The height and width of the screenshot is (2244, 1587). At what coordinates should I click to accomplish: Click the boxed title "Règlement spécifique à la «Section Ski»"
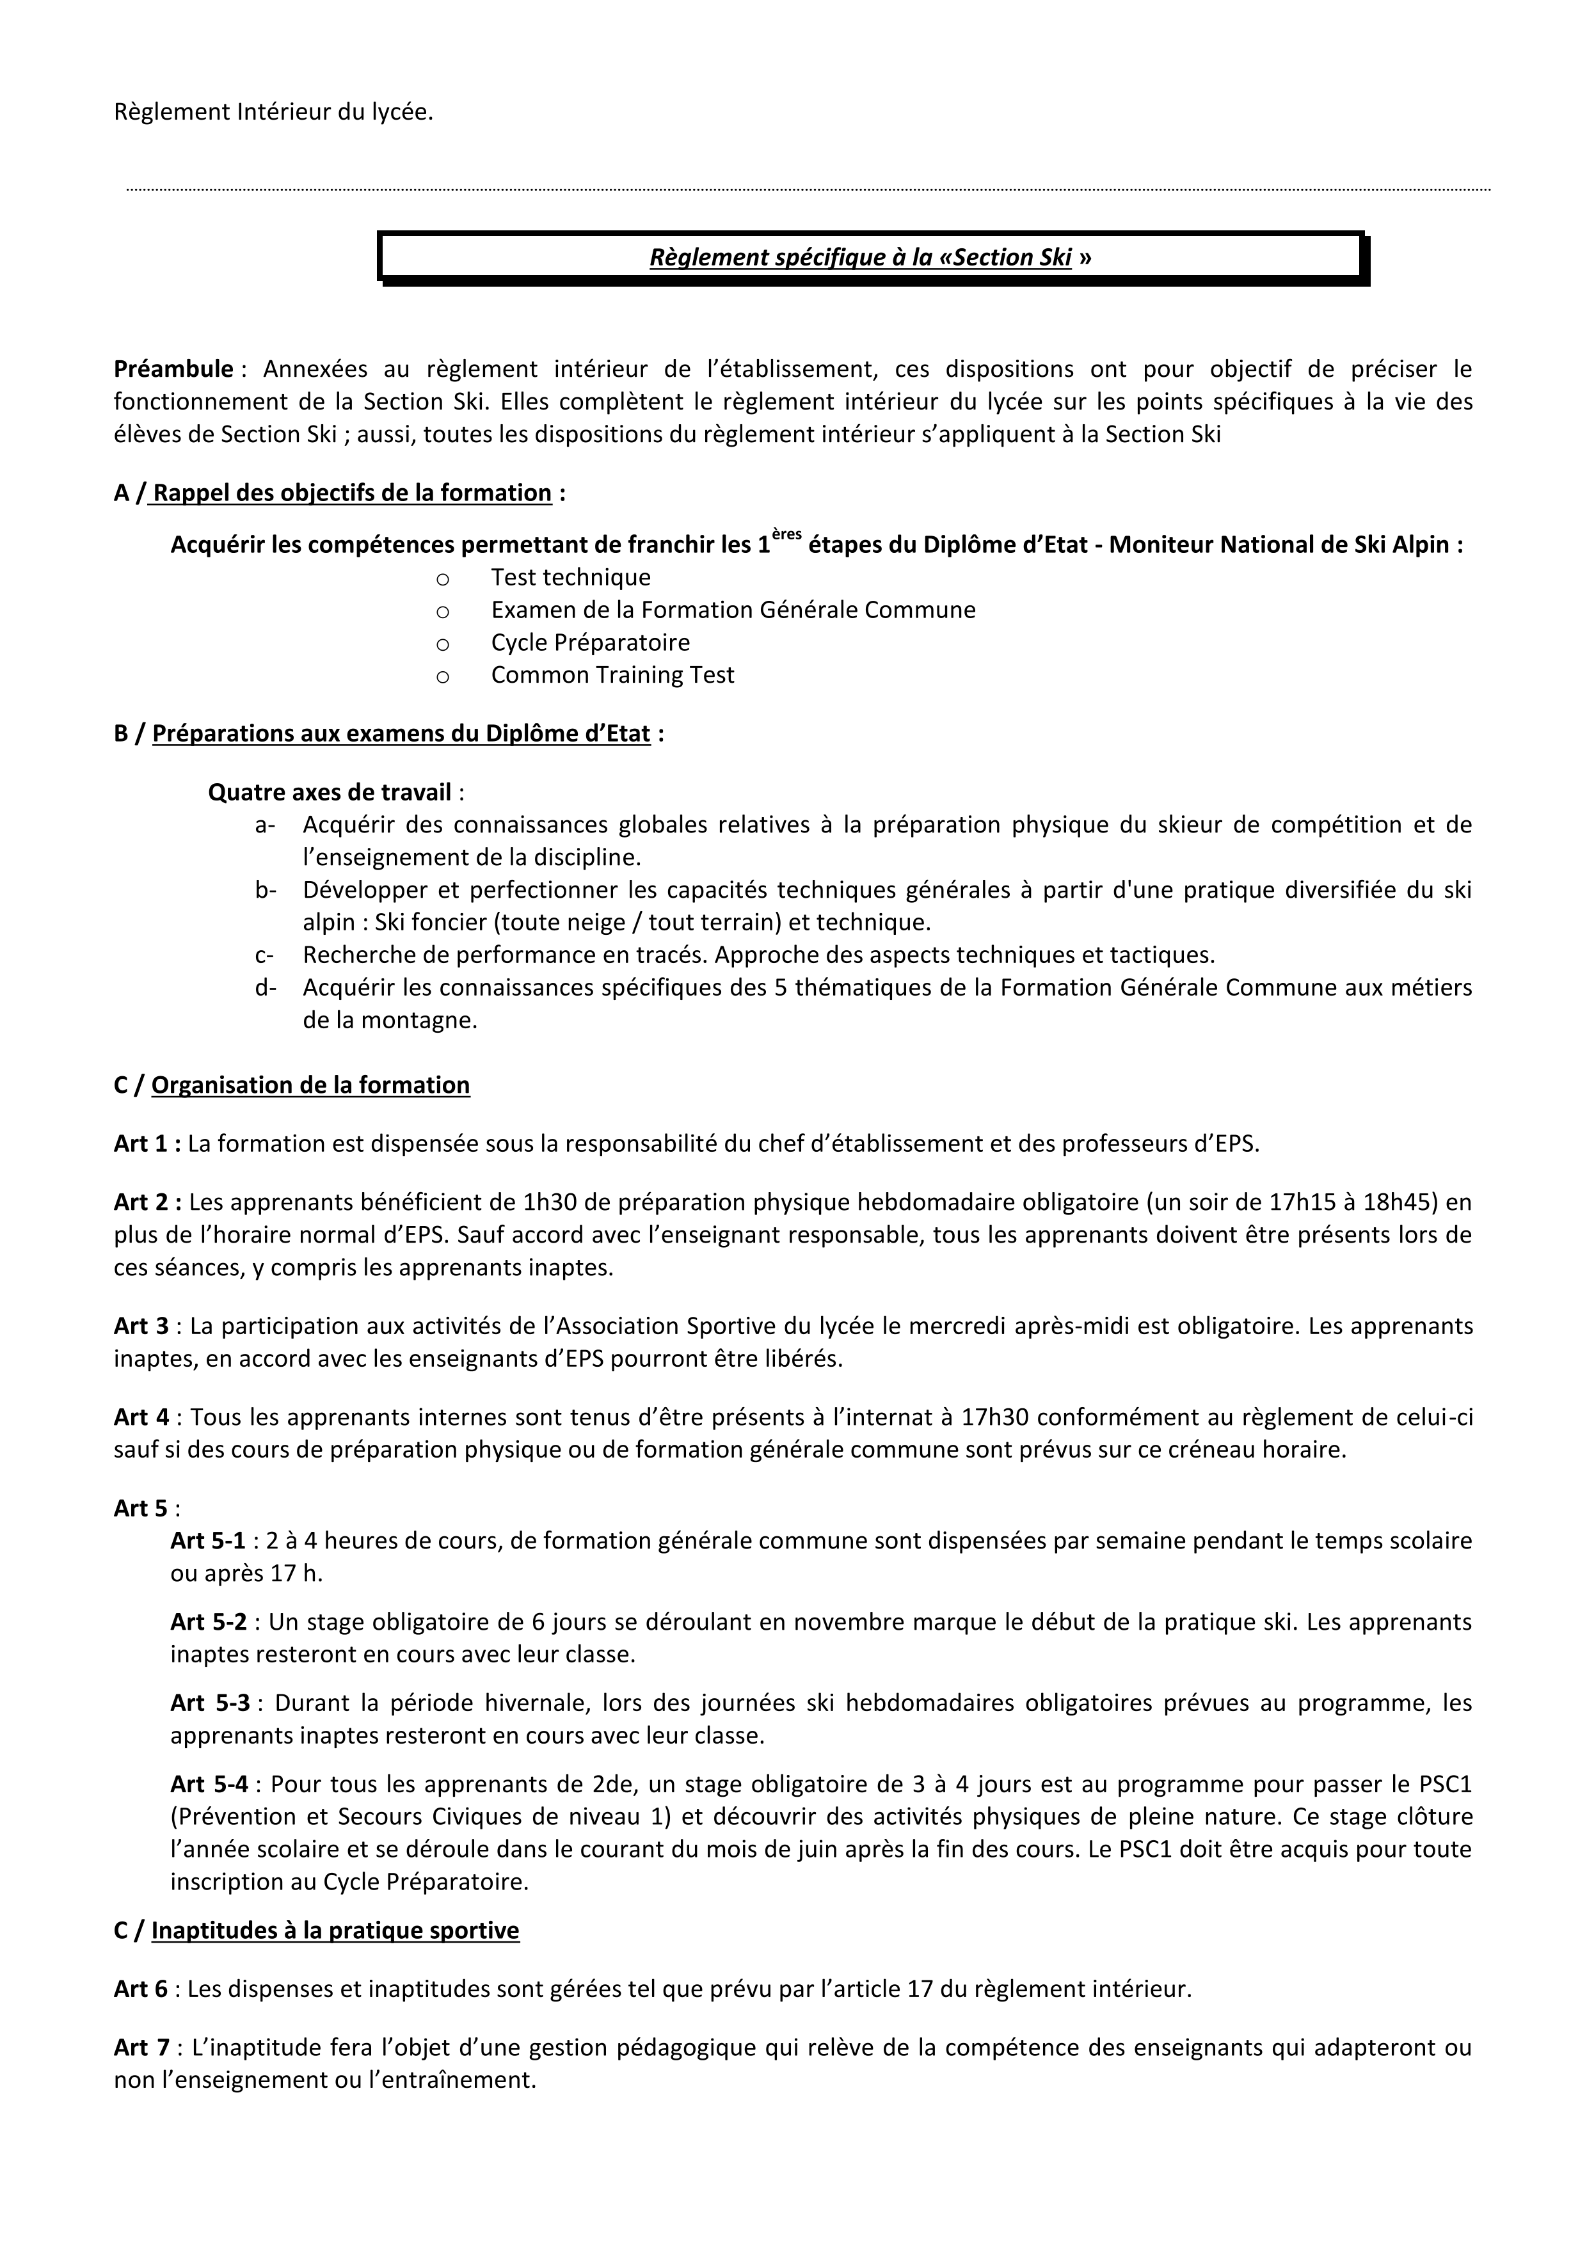870,257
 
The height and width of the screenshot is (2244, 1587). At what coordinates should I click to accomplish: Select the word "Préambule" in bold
173,369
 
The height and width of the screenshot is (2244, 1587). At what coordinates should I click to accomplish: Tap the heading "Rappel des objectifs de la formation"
352,493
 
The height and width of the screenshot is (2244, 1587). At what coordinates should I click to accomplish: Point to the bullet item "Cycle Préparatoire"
590,642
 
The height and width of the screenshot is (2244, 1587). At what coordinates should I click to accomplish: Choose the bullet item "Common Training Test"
612,674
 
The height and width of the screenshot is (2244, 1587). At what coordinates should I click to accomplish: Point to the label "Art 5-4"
208,1784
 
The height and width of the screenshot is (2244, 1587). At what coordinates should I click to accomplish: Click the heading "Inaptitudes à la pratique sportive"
335,1930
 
